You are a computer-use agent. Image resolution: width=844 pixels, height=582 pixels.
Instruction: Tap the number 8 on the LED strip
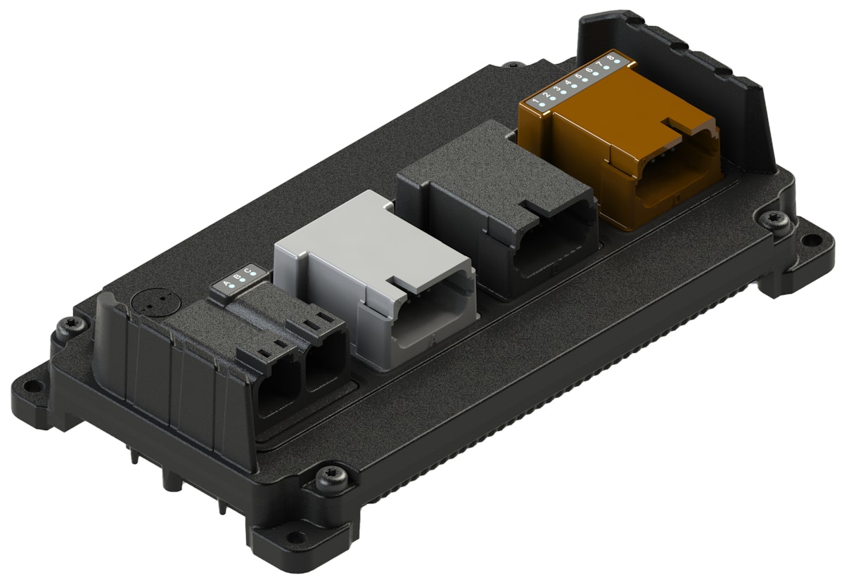click(x=610, y=56)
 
